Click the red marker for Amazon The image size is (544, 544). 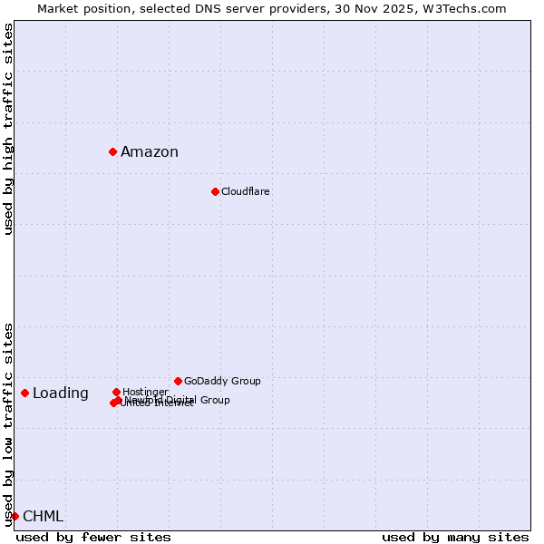pos(112,151)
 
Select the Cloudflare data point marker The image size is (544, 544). pos(215,191)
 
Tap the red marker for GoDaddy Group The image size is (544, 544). pos(178,381)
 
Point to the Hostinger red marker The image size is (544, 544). pos(116,392)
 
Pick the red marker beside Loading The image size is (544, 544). pos(24,393)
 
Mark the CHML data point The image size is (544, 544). pos(15,516)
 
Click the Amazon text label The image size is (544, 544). pos(150,152)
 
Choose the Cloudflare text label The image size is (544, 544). pos(246,192)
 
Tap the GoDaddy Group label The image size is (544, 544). pos(222,382)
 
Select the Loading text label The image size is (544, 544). pos(61,393)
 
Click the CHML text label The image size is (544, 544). pos(43,517)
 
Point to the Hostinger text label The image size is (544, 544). pos(145,392)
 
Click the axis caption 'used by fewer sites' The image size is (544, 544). pos(93,537)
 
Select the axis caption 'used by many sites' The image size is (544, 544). pos(455,537)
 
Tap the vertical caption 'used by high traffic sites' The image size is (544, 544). pos(8,129)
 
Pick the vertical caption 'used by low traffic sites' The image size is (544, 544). pos(8,424)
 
